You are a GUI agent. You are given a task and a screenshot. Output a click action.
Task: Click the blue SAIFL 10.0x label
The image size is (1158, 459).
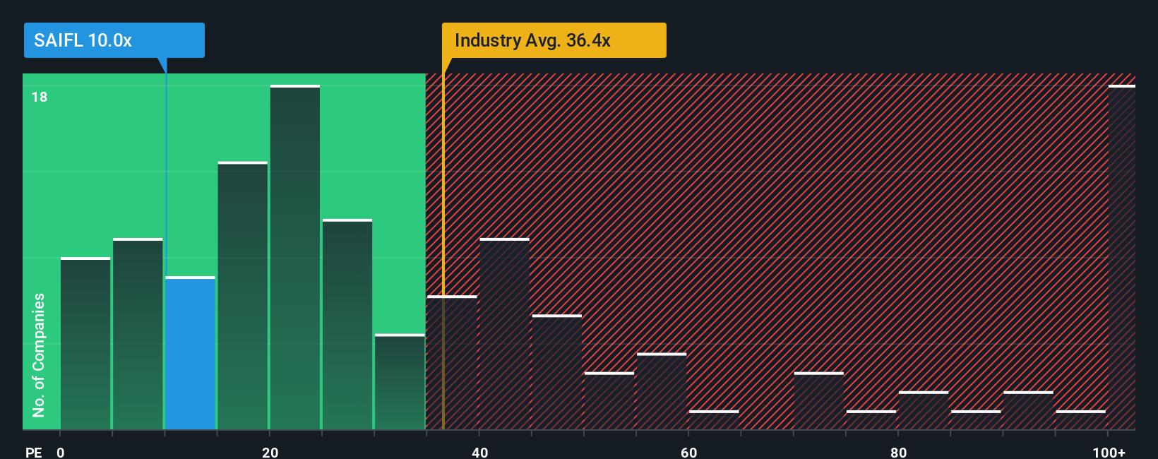pyautogui.click(x=114, y=40)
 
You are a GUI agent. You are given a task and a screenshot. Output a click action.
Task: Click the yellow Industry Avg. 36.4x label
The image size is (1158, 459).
pyautogui.click(x=554, y=40)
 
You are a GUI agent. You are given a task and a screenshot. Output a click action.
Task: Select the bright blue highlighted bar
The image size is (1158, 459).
pyautogui.click(x=190, y=353)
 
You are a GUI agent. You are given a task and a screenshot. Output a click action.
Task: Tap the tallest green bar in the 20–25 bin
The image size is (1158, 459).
pyautogui.click(x=294, y=258)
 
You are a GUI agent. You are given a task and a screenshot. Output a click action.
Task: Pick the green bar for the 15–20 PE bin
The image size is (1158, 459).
pyautogui.click(x=242, y=296)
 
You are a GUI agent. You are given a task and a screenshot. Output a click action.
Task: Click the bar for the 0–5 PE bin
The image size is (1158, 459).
pyautogui.click(x=85, y=344)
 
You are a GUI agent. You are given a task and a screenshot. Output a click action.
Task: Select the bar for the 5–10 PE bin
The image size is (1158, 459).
pyautogui.click(x=138, y=334)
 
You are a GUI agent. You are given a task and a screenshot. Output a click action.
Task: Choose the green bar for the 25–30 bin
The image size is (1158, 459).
pyautogui.click(x=347, y=325)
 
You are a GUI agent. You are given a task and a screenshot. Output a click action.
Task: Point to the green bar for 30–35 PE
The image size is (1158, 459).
pyautogui.click(x=400, y=382)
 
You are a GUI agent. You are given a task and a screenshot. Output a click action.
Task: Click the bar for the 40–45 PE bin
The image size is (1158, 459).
pyautogui.click(x=504, y=334)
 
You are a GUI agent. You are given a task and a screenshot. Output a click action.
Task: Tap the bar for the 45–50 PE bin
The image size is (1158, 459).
pyautogui.click(x=556, y=372)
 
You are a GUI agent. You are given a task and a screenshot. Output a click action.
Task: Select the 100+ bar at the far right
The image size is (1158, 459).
pyautogui.click(x=1121, y=258)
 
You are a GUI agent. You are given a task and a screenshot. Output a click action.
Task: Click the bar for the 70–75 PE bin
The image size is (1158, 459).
pyautogui.click(x=818, y=401)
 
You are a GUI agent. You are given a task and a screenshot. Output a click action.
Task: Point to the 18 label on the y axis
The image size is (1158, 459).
pyautogui.click(x=40, y=97)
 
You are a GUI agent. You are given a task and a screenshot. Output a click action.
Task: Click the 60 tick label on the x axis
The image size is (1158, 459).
pyautogui.click(x=688, y=452)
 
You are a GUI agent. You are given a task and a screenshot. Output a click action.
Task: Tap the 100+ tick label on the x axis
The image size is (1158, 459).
pyautogui.click(x=1109, y=452)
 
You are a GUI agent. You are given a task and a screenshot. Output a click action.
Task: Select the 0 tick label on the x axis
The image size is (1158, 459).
pyautogui.click(x=61, y=452)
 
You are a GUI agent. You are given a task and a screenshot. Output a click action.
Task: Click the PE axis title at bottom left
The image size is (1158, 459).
pyautogui.click(x=34, y=452)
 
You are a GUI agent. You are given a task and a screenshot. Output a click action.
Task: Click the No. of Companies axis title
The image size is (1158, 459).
pyautogui.click(x=39, y=354)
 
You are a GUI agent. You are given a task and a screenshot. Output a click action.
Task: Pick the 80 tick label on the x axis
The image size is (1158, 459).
pyautogui.click(x=898, y=452)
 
